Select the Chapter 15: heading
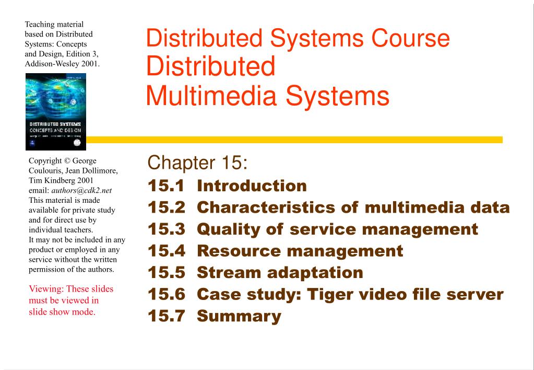tap(197, 163)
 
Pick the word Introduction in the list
tap(252, 186)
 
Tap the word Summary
tap(239, 317)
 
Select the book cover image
tap(56, 111)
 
